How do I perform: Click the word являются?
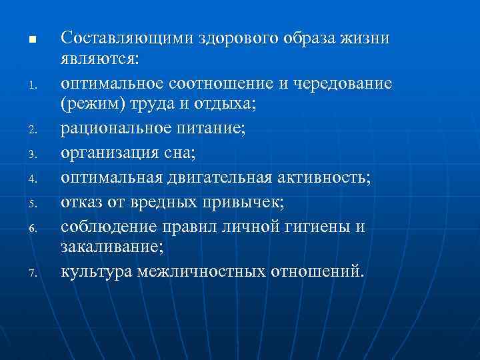click(99, 61)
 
